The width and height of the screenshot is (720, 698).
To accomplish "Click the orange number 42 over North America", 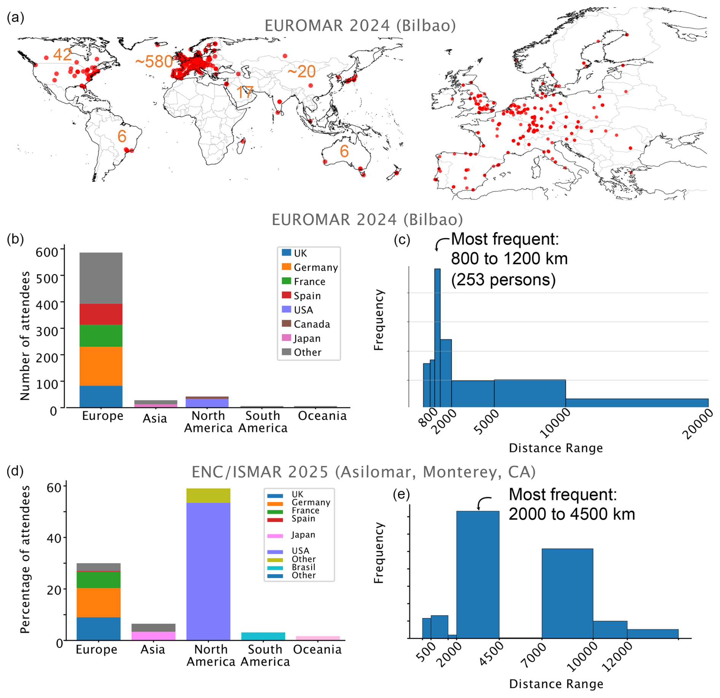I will click(62, 55).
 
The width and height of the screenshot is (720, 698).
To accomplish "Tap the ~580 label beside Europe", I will click(154, 62).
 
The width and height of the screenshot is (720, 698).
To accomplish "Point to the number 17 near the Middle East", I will click(245, 92).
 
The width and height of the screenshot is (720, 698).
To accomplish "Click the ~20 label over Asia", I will click(301, 72).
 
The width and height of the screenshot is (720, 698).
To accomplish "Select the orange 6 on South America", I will click(122, 136).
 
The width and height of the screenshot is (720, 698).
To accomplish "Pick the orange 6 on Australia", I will click(344, 151).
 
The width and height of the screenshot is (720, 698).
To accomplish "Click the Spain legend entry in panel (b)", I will click(307, 296).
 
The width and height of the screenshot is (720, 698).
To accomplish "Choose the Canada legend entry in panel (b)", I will click(311, 324).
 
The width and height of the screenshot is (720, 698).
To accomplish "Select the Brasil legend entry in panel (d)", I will click(303, 567).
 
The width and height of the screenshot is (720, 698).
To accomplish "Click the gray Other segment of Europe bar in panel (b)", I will click(101, 278).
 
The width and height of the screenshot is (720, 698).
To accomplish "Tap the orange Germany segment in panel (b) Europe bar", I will click(101, 366).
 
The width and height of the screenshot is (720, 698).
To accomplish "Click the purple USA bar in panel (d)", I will click(208, 571).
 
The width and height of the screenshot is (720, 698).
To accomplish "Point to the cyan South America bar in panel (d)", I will click(263, 636).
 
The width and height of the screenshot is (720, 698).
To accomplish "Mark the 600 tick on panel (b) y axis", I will click(47, 252).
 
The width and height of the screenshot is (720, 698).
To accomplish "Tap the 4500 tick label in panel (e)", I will click(492, 655).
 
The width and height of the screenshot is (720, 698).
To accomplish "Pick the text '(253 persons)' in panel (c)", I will click(503, 280).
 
